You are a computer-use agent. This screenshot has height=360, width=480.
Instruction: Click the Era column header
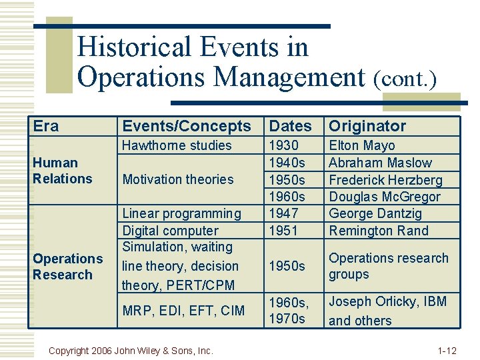click(x=46, y=126)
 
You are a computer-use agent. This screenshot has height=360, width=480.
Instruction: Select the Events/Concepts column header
click(x=187, y=126)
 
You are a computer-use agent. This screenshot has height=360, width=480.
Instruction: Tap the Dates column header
click(x=290, y=126)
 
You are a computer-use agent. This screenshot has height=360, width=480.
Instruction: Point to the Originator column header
click(x=367, y=126)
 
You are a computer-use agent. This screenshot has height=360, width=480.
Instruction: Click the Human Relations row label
click(x=62, y=171)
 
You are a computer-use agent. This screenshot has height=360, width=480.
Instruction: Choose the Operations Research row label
click(x=67, y=267)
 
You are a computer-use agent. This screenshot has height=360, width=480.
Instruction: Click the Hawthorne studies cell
click(x=177, y=145)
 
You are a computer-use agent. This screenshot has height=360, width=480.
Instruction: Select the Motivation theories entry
click(x=178, y=179)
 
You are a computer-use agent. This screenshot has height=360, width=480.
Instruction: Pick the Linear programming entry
click(x=181, y=214)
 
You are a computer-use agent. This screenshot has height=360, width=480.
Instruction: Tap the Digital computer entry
click(x=170, y=231)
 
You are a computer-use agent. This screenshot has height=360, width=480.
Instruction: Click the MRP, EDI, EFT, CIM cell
click(x=183, y=310)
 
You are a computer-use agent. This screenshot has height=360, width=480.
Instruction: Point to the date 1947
click(x=283, y=214)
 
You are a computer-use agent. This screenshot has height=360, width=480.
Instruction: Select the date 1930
click(x=283, y=145)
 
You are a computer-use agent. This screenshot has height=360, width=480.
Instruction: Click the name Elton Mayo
click(x=362, y=145)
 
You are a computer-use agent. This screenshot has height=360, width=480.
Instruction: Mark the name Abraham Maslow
click(x=380, y=163)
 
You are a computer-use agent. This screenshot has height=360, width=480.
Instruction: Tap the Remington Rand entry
click(x=379, y=231)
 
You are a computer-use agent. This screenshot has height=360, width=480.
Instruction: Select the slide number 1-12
click(x=447, y=350)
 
